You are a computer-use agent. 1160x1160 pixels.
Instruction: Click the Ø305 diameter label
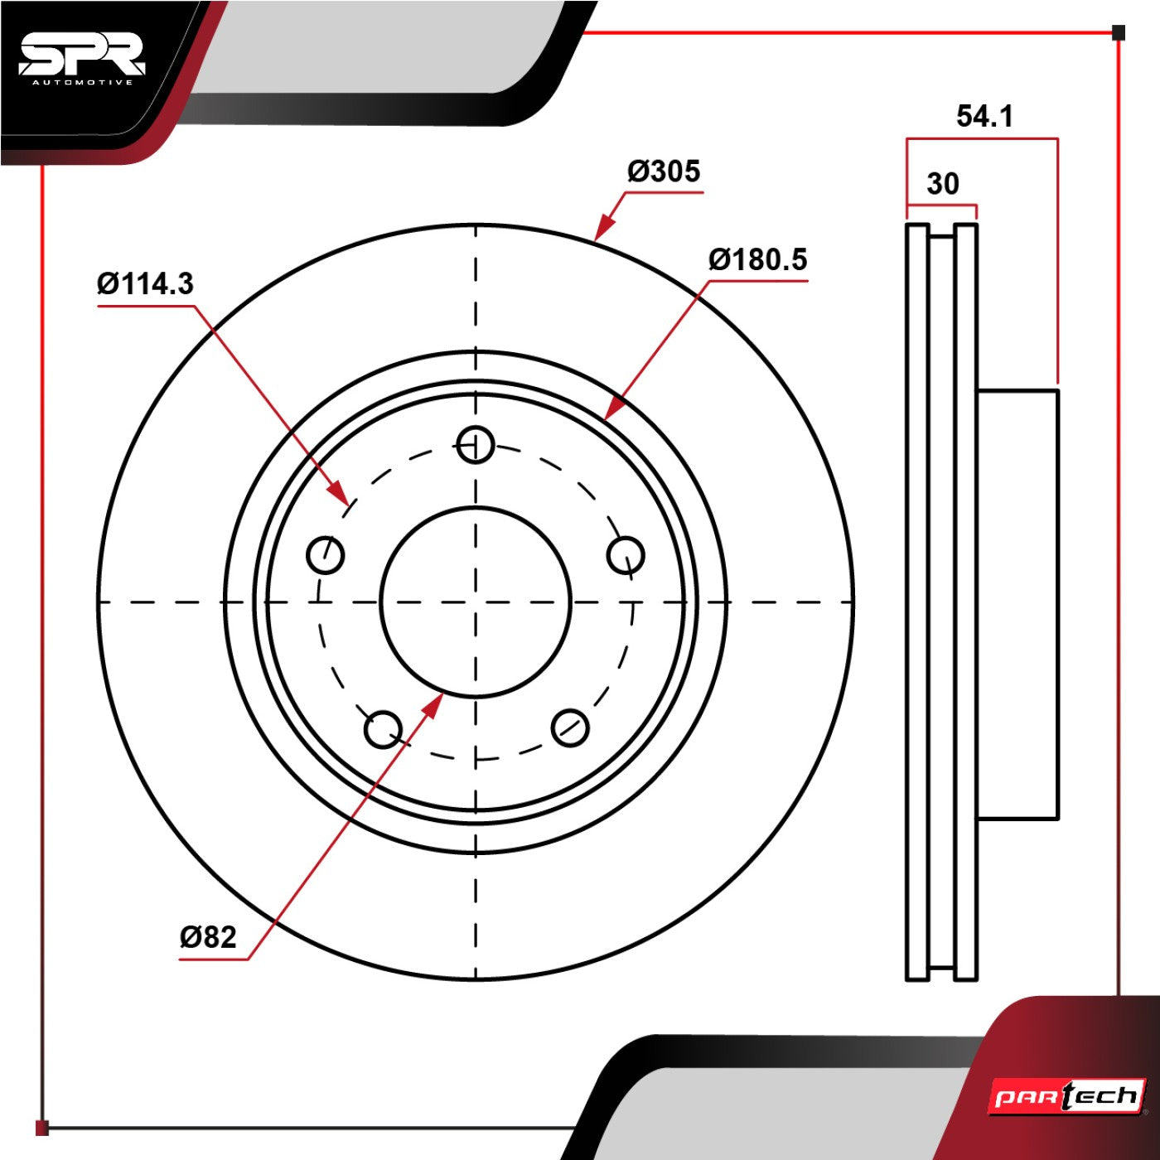(x=664, y=172)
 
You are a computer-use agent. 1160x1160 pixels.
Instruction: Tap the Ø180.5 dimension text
(x=757, y=259)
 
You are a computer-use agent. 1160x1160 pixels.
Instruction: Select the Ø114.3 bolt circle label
(x=145, y=283)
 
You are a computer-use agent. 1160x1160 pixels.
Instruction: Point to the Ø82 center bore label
(x=208, y=937)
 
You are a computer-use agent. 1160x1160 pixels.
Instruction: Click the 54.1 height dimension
(x=985, y=116)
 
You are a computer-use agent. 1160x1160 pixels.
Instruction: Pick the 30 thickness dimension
(x=943, y=184)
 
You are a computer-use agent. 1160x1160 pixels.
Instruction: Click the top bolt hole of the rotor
(x=476, y=445)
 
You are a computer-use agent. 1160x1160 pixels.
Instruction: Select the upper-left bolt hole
(x=326, y=554)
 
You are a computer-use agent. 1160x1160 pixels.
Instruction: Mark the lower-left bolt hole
(x=383, y=729)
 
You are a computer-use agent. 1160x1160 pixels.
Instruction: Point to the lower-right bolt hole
(x=569, y=727)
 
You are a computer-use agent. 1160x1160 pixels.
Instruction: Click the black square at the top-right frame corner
(x=1119, y=32)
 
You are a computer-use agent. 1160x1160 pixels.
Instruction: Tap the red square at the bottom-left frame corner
(x=41, y=1128)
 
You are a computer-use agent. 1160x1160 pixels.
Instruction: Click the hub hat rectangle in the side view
(x=1017, y=604)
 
